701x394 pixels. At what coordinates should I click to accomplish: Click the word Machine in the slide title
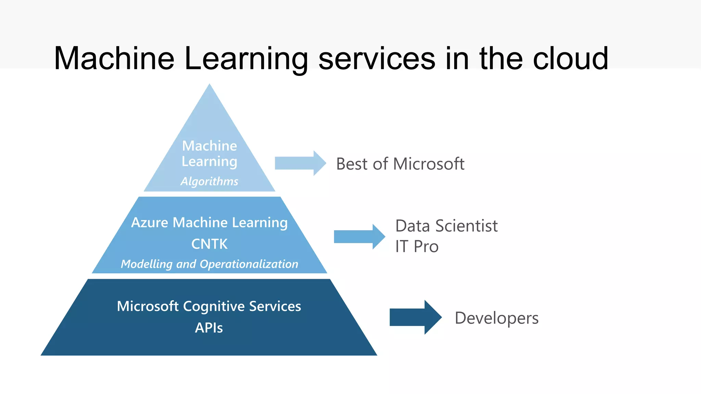(114, 59)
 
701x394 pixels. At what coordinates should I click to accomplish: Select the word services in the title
(377, 59)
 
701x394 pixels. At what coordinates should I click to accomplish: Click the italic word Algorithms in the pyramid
(209, 181)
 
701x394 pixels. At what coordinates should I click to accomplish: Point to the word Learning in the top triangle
(209, 162)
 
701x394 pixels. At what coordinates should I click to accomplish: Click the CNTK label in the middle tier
(209, 244)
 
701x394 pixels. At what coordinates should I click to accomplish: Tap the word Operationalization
(249, 264)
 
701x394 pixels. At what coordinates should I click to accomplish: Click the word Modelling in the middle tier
(146, 264)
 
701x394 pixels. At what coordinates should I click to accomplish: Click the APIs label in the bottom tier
(209, 328)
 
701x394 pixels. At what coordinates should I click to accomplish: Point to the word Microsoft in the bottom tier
(148, 306)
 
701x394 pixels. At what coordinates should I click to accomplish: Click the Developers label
(496, 318)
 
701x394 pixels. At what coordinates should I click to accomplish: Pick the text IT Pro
(417, 247)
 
